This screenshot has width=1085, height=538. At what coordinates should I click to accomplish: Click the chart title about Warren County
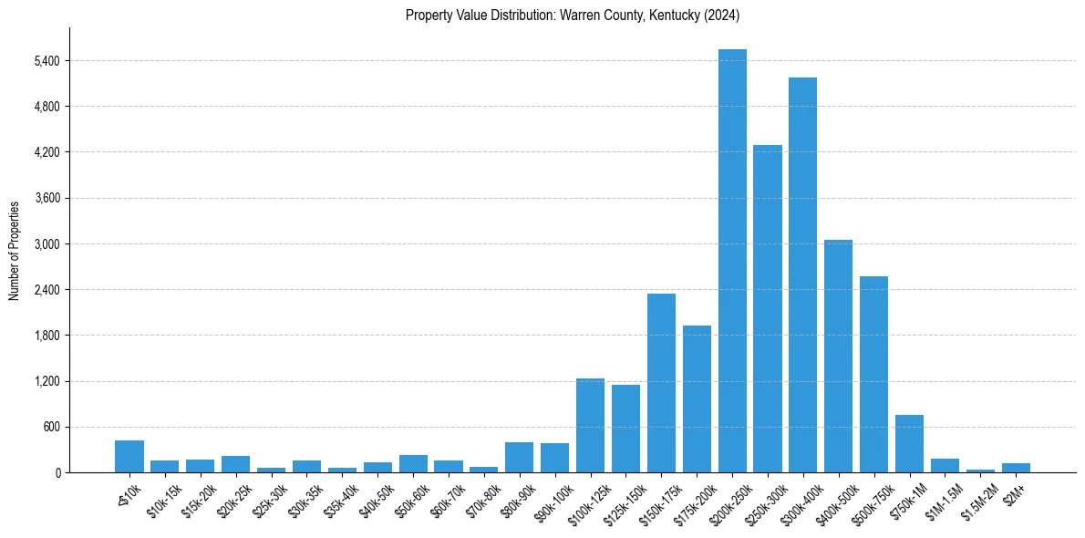coord(572,16)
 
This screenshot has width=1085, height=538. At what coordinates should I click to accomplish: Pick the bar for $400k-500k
coord(839,356)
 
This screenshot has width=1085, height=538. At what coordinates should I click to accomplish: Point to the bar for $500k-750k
coord(873,374)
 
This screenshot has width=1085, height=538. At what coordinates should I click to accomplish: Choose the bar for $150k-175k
coord(661,383)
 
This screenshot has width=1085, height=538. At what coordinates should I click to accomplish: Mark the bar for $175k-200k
coord(697,398)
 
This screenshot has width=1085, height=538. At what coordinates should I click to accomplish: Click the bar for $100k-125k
coord(590,425)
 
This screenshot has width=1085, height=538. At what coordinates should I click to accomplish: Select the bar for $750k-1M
coord(909,443)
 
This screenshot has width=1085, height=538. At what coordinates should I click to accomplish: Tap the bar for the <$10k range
coord(129,456)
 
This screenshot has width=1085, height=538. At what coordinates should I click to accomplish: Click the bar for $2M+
coord(1016,468)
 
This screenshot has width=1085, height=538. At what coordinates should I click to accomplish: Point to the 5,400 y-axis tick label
coord(46,61)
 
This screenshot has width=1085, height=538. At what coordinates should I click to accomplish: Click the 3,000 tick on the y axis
coord(46,244)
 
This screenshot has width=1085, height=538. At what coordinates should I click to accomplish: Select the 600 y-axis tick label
coord(51,427)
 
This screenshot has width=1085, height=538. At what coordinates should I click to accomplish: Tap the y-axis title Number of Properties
coord(15,250)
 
